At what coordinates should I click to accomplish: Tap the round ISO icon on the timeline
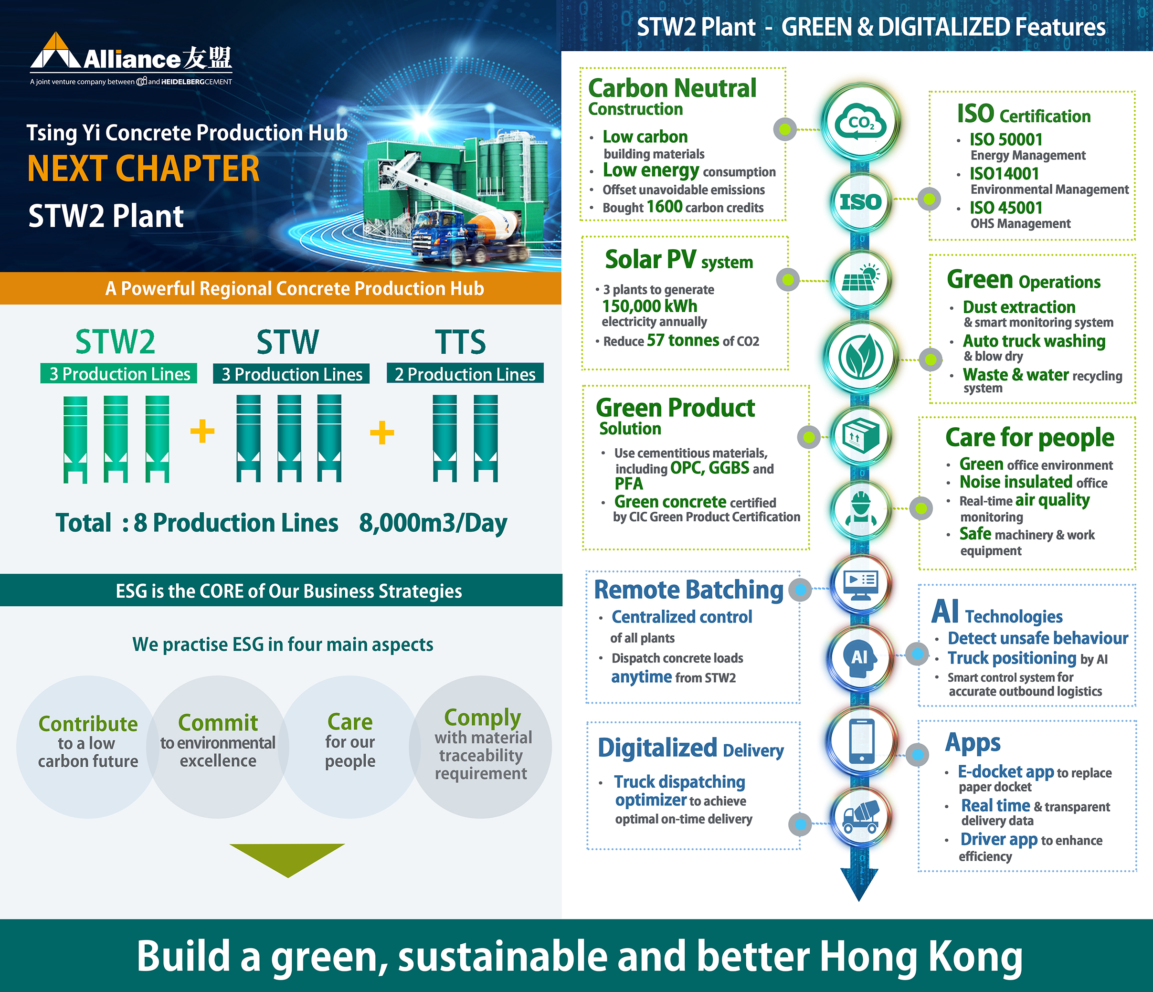tap(860, 201)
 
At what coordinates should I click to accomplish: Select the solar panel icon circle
tap(860, 279)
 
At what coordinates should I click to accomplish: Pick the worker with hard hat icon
tap(860, 508)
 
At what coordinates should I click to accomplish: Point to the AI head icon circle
tap(860, 658)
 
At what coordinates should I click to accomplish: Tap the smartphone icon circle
tap(861, 742)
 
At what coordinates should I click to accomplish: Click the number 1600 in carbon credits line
tap(665, 206)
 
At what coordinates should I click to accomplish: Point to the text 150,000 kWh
tap(649, 306)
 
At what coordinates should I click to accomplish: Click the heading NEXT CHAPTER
tap(144, 169)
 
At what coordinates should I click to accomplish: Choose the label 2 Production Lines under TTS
tap(465, 374)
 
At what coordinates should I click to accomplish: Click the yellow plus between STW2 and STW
tap(202, 431)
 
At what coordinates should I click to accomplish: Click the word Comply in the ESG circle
tap(483, 718)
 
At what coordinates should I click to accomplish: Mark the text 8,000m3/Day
tap(433, 523)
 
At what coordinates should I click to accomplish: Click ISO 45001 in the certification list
tap(1005, 208)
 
